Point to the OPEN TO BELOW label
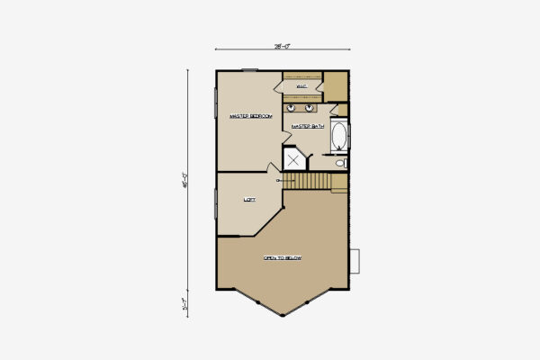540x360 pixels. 282,258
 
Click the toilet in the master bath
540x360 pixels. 340,163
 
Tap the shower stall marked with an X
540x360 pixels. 294,159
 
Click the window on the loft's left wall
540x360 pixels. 216,202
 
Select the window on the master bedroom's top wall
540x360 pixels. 249,69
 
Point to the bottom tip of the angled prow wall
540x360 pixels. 283,316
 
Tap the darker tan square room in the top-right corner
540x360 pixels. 336,85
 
